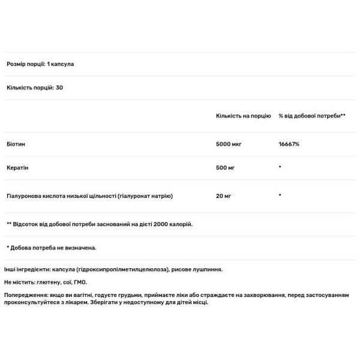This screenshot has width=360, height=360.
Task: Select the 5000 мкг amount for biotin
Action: tap(228, 145)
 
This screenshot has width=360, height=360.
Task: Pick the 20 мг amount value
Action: tap(223, 196)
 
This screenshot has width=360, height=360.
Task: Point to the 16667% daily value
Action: tap(289, 145)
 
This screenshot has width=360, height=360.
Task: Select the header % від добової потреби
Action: tap(312, 115)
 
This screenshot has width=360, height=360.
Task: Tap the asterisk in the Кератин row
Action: tap(280, 167)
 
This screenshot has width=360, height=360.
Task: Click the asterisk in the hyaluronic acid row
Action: tap(280, 196)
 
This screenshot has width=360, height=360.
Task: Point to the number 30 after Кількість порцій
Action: tap(59, 88)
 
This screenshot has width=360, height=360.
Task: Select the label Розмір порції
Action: tap(25, 64)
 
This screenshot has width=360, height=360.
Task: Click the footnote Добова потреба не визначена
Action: tap(54, 247)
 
